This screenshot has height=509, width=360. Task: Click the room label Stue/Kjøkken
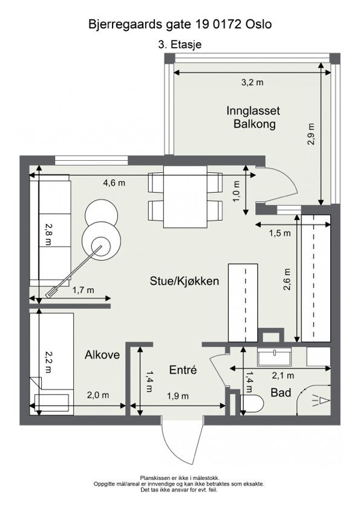(184, 281)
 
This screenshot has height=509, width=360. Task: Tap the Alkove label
(102, 355)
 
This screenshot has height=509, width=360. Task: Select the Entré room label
(183, 370)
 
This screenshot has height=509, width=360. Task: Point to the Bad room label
(281, 393)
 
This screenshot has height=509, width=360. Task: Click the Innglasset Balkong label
(254, 117)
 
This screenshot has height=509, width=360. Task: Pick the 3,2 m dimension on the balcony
(252, 82)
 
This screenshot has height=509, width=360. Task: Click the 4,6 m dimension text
(114, 183)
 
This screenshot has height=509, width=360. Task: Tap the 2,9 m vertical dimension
(311, 134)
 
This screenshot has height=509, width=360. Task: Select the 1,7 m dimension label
(83, 290)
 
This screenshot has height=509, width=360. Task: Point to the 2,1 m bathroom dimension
(283, 376)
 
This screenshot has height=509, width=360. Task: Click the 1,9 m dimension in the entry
(178, 397)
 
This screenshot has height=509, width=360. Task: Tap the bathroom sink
(275, 357)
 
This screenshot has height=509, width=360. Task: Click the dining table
(185, 196)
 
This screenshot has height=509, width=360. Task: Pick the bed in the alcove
(51, 364)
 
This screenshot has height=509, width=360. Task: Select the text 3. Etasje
(180, 45)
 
